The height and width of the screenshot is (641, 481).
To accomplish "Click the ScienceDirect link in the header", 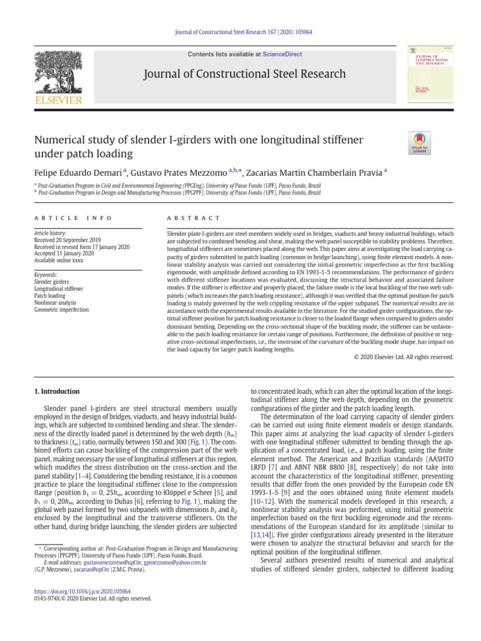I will click(282, 54).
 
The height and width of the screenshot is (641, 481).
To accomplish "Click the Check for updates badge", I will click(419, 143).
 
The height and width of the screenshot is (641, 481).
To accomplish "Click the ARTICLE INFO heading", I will click(72, 218).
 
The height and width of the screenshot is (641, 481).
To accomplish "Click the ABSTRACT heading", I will click(194, 218).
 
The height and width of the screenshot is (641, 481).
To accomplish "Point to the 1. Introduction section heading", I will click(56, 391).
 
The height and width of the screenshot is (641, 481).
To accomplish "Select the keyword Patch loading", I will click(50, 295).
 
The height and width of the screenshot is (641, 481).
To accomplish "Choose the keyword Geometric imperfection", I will click(61, 309).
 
